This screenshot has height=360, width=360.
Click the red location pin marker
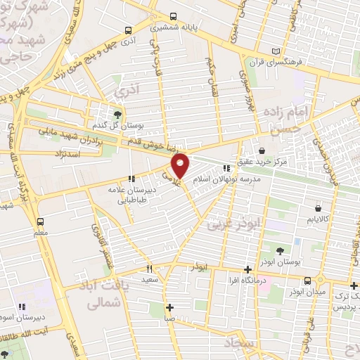(x=181, y=165)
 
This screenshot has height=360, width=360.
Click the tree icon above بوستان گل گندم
(x=117, y=115)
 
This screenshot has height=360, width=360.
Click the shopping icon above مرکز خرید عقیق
(x=262, y=150)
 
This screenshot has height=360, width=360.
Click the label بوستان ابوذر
(x=281, y=261)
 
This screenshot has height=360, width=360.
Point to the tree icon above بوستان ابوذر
(x=281, y=250)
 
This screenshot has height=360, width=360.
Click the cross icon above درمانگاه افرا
(x=247, y=269)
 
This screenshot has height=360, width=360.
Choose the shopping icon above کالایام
(x=319, y=208)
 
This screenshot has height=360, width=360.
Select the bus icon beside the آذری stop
(x=127, y=30)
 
